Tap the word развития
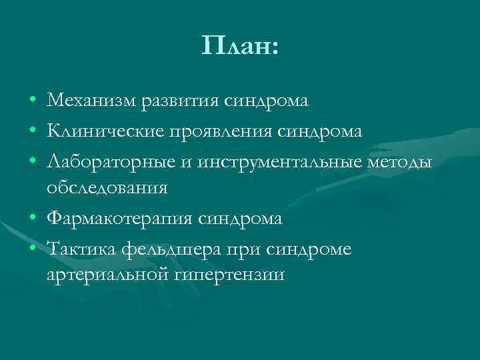click(x=179, y=101)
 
